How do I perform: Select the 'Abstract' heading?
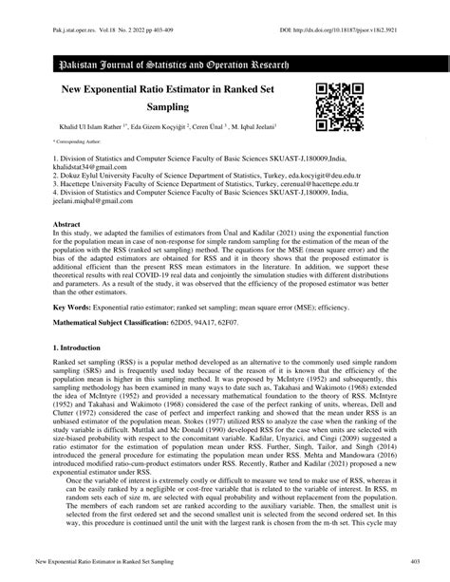pyautogui.click(x=67, y=221)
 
